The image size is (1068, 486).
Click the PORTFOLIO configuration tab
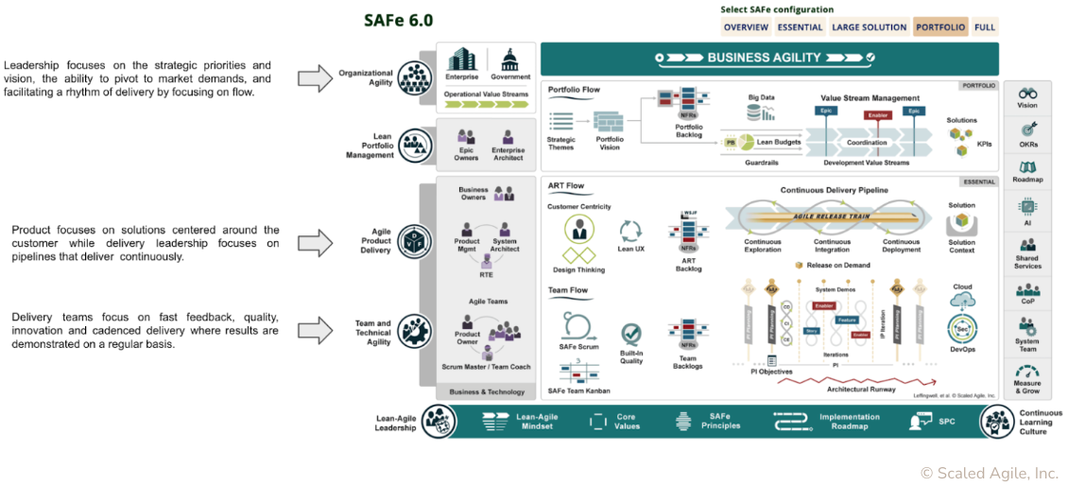[x=939, y=27]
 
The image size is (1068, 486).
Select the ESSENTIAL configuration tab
[x=800, y=27]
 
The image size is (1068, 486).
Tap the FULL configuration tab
[x=985, y=27]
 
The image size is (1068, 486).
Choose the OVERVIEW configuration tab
[x=746, y=27]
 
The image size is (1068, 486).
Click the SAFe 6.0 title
[x=398, y=21]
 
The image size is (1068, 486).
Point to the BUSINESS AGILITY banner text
[x=764, y=58]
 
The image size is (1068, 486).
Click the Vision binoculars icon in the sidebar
[x=1027, y=95]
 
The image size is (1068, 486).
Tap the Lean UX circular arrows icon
[x=630, y=230]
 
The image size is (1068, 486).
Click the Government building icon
[x=510, y=58]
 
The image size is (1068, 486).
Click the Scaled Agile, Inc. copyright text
[x=989, y=473]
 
